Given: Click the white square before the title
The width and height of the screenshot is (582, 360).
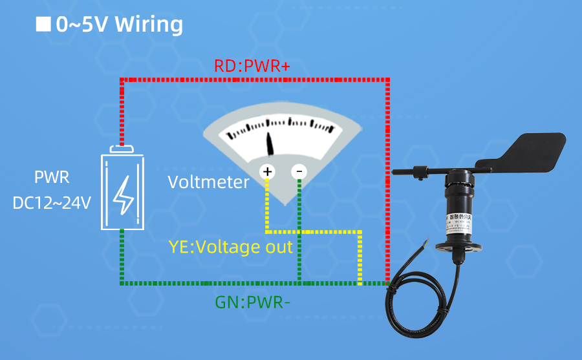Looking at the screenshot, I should tap(43, 24).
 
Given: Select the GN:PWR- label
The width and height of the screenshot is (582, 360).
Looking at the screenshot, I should tap(253, 301).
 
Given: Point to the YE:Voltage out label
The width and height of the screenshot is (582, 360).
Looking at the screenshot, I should tap(230, 246).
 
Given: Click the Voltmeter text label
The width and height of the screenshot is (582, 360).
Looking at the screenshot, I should tap(208, 182).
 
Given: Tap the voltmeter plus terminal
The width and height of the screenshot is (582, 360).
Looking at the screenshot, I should tap(267, 172).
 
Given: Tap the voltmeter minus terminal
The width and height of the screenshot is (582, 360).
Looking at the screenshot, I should tap(299, 172).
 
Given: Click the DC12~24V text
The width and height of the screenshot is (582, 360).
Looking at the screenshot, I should tap(52, 202).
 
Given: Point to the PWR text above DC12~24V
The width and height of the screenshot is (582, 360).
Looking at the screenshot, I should tap(52, 177).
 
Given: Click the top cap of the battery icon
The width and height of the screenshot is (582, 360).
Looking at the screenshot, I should tap(122, 149).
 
